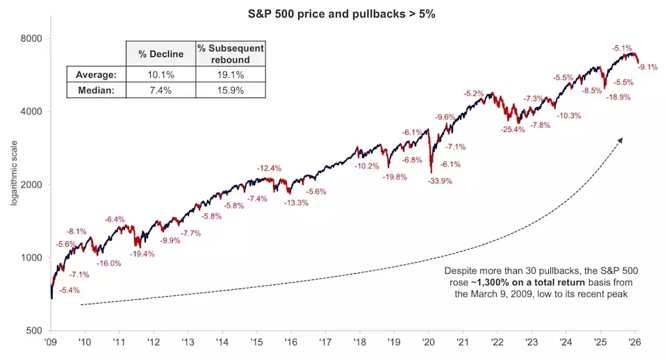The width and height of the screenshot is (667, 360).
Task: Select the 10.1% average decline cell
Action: coord(160,74)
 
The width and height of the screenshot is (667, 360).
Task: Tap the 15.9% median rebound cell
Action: coord(231,90)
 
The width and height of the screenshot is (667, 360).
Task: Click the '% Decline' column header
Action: coord(160,53)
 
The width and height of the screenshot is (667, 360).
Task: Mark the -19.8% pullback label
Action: coord(395,177)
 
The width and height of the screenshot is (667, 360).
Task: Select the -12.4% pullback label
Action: coord(269,168)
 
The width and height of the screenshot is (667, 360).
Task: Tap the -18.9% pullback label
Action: coord(618,97)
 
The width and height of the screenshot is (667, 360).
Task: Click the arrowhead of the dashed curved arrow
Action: coord(620,140)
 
